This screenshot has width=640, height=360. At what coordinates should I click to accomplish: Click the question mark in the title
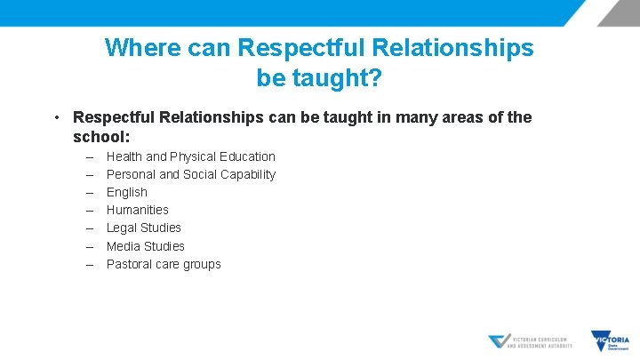tap(375, 78)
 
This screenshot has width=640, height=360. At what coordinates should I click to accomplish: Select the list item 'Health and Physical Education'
tap(190, 156)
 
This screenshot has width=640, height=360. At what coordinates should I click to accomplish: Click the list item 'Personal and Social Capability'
tap(190, 174)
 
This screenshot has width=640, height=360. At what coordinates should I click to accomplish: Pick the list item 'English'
tap(126, 192)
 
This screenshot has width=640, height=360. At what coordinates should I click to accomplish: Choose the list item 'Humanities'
tap(137, 210)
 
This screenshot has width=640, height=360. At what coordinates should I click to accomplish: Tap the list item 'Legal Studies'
tap(143, 228)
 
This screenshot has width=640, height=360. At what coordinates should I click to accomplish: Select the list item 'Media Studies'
tap(145, 246)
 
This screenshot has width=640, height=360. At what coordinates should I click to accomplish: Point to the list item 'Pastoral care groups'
tap(164, 264)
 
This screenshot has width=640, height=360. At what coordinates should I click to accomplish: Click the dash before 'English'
tap(90, 192)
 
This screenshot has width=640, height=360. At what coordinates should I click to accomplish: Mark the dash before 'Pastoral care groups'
tap(90, 264)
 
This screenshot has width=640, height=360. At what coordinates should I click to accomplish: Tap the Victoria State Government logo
tap(610, 341)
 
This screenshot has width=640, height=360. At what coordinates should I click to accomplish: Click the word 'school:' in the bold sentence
tap(101, 138)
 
